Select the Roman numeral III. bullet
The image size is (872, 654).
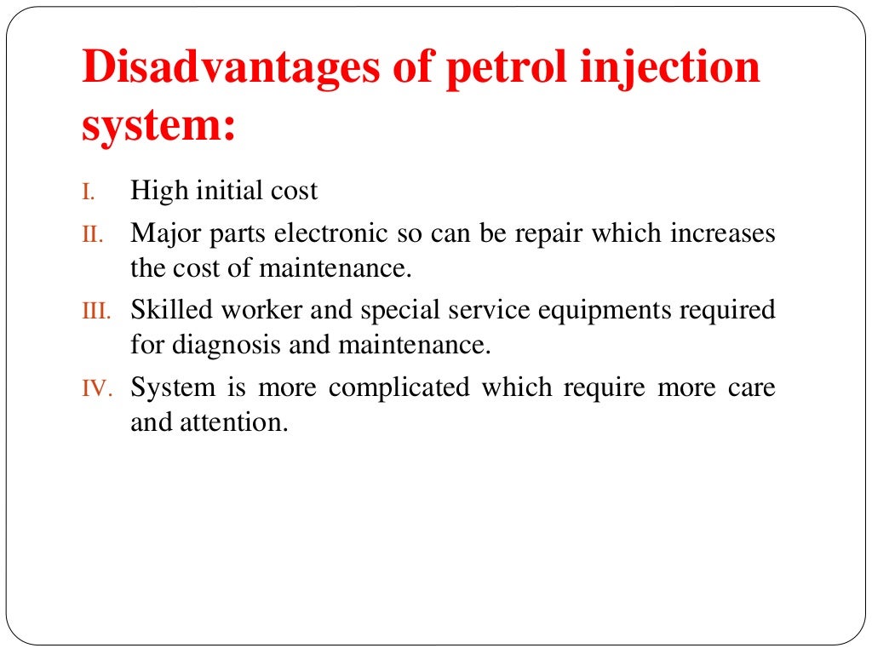tap(95, 311)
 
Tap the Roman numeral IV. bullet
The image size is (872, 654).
tap(95, 388)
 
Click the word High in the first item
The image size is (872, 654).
tap(159, 191)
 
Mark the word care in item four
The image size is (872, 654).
tap(752, 388)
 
